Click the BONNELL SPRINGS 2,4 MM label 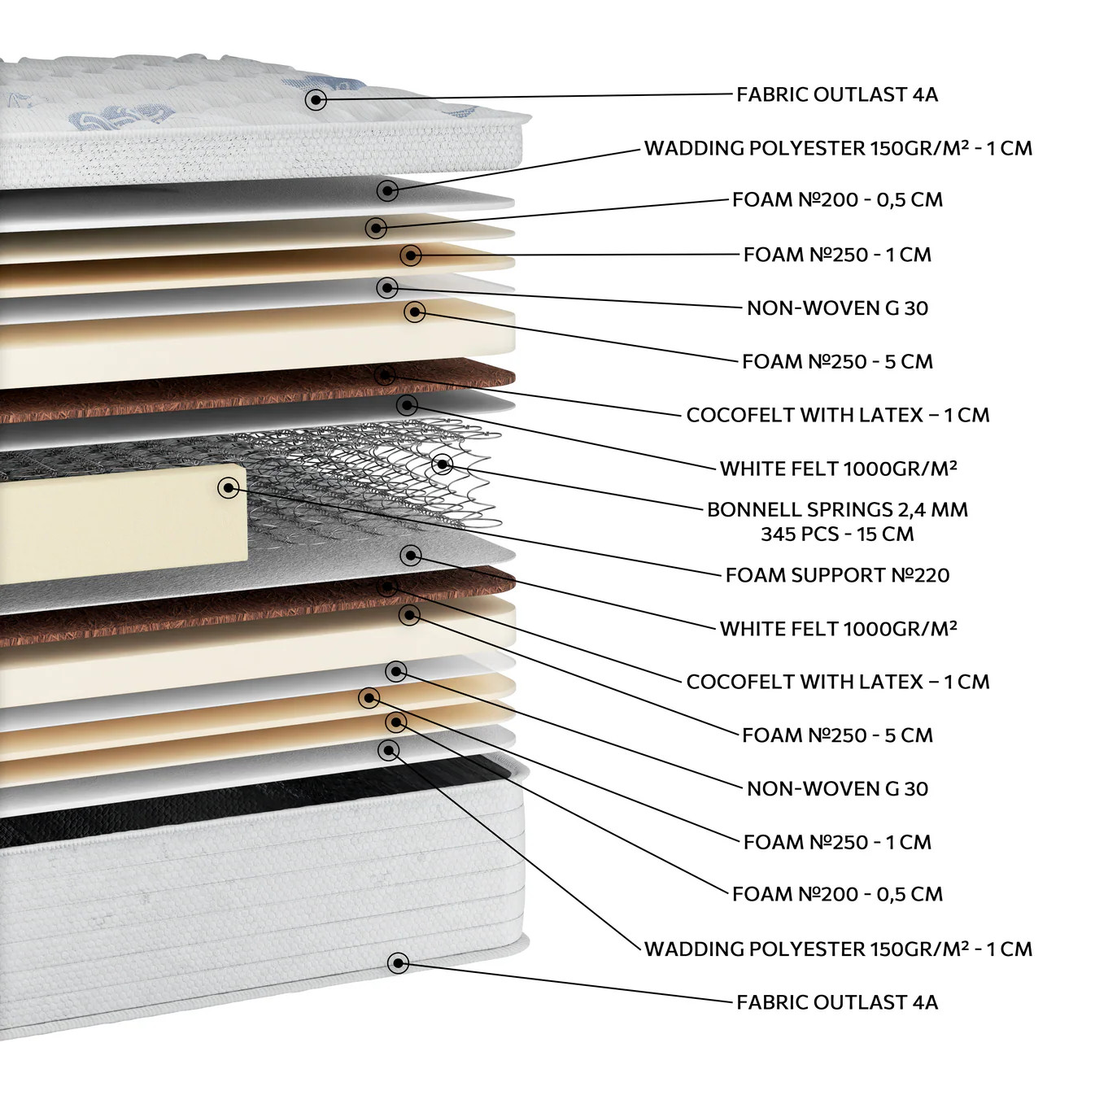point(837,510)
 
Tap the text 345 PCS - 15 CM point(837,534)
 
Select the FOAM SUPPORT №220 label point(837,575)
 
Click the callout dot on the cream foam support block point(229,487)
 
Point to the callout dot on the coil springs point(442,465)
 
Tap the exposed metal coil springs point(364,478)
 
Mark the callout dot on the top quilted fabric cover point(316,100)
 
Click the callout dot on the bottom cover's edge point(399,962)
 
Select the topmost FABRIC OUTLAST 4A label point(837,94)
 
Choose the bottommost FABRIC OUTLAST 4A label point(837,1001)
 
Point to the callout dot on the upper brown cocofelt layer point(386,375)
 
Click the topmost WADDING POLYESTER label point(756,148)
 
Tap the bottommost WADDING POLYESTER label point(756,949)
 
